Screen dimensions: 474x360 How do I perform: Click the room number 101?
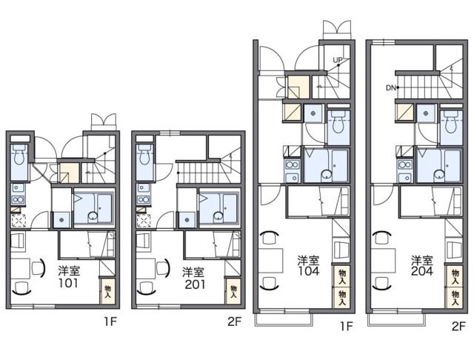[68, 283]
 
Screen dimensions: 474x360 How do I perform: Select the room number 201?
[195, 284]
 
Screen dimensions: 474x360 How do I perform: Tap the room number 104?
[308, 271]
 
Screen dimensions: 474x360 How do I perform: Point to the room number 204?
[422, 271]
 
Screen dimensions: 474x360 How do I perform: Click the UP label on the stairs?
[338, 60]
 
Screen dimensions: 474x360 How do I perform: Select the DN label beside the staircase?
[391, 88]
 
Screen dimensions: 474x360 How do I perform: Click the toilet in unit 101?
[19, 154]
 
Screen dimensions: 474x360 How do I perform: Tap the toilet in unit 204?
[451, 121]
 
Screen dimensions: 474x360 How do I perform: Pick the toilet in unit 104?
[338, 121]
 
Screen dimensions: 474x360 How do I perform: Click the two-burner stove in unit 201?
[144, 199]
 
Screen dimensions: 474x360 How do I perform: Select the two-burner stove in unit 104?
[293, 164]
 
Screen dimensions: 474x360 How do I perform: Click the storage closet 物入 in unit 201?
[233, 291]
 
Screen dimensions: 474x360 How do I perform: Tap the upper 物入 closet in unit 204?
[455, 276]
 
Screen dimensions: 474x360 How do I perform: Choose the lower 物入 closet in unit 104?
[342, 298]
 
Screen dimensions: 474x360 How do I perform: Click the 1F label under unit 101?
[110, 322]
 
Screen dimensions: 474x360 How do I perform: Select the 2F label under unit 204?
[458, 327]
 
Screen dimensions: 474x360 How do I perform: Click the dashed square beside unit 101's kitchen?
[19, 220]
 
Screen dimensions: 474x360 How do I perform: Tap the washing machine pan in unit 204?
[426, 113]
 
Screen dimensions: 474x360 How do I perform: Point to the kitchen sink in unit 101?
[19, 188]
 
